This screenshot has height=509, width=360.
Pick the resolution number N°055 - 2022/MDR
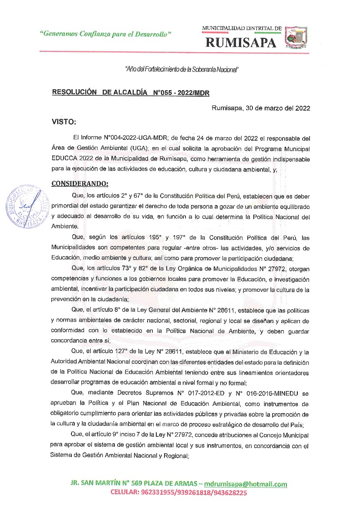click(179, 92)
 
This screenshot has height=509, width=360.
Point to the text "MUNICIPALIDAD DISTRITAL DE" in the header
click(242, 28)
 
